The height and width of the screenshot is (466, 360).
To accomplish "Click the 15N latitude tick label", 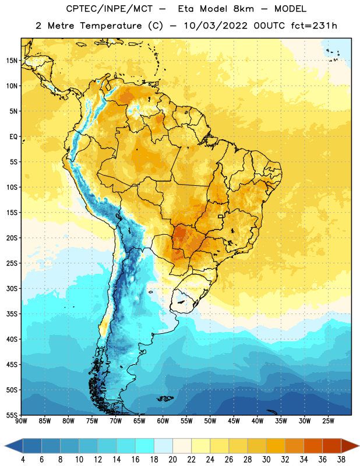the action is [x=12, y=61].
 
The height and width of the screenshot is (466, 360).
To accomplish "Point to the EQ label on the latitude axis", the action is [x=13, y=137].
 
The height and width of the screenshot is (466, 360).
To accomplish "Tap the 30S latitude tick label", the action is [x=12, y=289].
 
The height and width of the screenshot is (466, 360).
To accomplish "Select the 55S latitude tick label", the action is [x=12, y=415].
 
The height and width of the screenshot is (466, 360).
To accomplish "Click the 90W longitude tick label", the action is [x=21, y=421].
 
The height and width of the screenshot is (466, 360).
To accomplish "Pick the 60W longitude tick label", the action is [x=163, y=421].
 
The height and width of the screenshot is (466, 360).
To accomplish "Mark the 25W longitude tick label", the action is [x=328, y=421].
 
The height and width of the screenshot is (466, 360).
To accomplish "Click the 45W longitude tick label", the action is [x=234, y=421].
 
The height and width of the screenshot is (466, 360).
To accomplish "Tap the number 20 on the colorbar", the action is [x=172, y=460].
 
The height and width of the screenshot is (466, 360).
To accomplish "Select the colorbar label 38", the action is [x=341, y=460].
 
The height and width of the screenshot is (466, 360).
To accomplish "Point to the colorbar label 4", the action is [x=23, y=460].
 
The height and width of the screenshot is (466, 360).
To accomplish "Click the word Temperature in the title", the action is [x=111, y=26].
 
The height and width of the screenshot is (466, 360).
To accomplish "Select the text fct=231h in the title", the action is [x=314, y=26].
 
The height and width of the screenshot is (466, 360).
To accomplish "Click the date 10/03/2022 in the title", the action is [x=216, y=26].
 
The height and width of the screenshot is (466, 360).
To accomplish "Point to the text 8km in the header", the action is [x=243, y=9].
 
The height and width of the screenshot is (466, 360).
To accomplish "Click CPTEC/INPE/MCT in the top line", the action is [x=109, y=9].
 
